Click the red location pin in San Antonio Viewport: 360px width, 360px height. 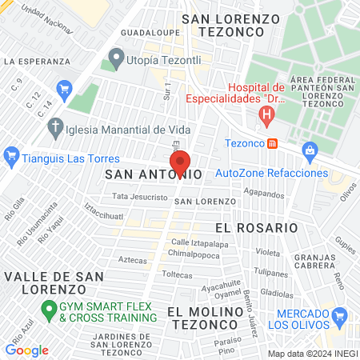click(180, 162)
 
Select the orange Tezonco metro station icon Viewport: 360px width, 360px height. click(273, 144)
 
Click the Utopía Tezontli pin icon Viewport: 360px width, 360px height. click(116, 58)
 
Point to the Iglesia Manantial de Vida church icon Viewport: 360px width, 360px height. click(55, 127)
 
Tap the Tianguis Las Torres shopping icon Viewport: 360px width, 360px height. click(11, 156)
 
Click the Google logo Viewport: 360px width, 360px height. click(26, 350)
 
